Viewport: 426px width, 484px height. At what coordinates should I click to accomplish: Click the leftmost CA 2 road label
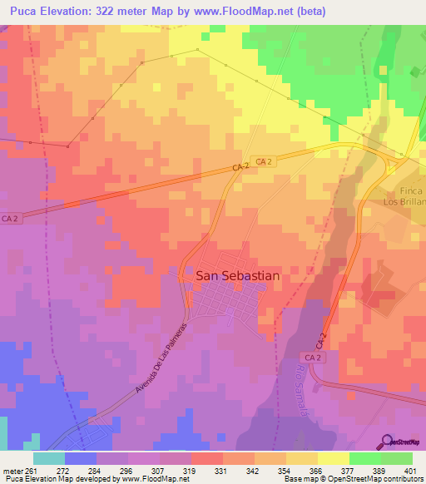click(x=10, y=219)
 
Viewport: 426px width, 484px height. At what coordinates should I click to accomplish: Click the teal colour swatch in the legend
click(x=48, y=457)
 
